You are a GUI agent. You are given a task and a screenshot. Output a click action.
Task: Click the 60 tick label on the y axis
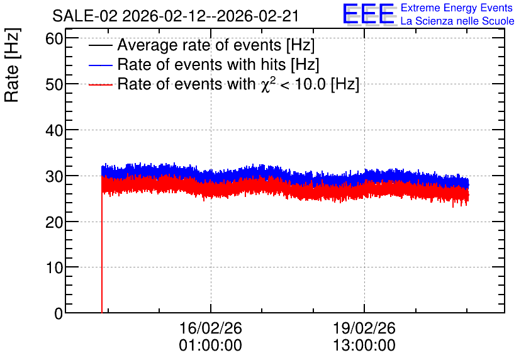[54, 39]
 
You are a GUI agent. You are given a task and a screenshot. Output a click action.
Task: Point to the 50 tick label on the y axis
[54, 84]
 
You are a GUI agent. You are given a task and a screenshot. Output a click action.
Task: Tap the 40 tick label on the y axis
[54, 130]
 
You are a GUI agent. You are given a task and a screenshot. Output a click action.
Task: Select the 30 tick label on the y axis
[54, 176]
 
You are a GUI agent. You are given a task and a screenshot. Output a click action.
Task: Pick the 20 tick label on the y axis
[54, 222]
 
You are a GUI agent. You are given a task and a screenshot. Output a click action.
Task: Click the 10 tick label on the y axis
[54, 267]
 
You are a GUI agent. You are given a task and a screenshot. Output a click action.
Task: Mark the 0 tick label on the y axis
[59, 313]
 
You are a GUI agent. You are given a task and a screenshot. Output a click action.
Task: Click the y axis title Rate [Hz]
[12, 65]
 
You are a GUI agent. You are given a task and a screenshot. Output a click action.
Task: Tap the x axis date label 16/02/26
[211, 328]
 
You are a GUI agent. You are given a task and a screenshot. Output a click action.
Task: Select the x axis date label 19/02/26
[364, 328]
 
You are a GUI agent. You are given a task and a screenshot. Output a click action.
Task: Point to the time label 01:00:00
[210, 346]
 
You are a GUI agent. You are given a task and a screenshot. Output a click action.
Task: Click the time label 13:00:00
[364, 346]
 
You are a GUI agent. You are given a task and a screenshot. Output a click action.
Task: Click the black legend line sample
[100, 45]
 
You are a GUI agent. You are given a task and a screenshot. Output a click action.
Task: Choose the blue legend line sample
[100, 65]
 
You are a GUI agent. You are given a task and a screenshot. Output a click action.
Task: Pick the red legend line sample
[100, 84]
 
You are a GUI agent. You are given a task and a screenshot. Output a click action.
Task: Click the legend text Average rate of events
[199, 45]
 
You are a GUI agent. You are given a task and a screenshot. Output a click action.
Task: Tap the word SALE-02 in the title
[85, 16]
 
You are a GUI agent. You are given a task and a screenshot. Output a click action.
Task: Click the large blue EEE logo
[369, 14]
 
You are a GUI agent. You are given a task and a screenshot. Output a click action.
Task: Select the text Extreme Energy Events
[457, 8]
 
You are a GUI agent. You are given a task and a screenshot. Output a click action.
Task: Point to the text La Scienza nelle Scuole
[457, 21]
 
